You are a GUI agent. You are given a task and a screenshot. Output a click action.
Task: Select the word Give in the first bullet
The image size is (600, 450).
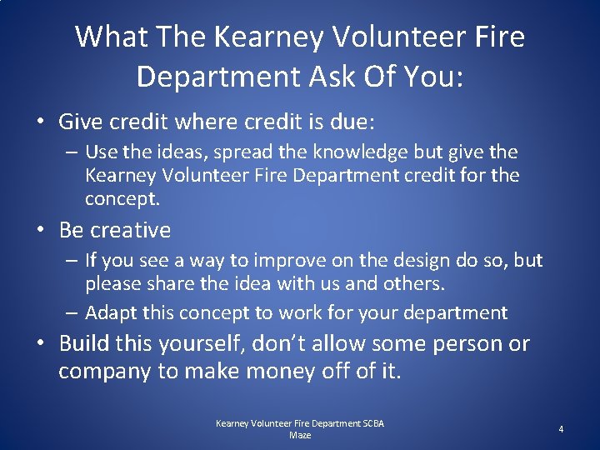click(x=82, y=122)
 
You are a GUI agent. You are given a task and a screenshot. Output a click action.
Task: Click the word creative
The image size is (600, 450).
click(x=130, y=230)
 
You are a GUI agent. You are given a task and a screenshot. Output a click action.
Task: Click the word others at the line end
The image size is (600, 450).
click(x=415, y=283)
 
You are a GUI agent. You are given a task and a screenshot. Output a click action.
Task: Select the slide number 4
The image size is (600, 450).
click(x=561, y=429)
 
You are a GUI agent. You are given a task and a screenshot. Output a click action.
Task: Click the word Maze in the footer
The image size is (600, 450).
click(x=300, y=435)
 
